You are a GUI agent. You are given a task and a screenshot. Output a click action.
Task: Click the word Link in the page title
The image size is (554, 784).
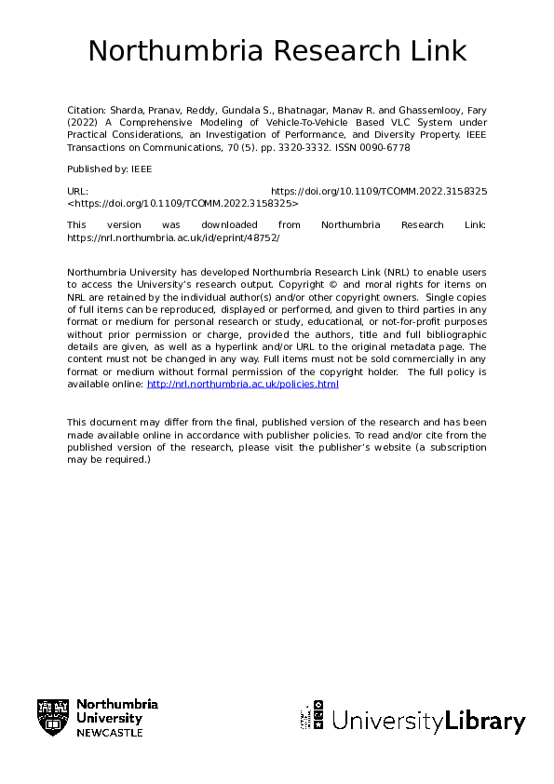(436, 50)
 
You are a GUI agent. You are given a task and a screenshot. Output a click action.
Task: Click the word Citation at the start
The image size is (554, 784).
(88, 111)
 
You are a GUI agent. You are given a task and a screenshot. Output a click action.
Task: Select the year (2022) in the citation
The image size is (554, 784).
(83, 123)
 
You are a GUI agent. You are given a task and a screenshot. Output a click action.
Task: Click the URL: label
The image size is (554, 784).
(77, 190)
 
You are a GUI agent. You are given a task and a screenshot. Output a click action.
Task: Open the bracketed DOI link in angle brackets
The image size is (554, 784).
(182, 202)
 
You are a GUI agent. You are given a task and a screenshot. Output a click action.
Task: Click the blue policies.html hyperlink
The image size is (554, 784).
(243, 384)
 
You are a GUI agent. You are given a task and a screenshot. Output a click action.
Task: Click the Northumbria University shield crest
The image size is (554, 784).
(52, 717)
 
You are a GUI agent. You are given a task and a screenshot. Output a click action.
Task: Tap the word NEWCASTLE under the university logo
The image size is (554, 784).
(110, 733)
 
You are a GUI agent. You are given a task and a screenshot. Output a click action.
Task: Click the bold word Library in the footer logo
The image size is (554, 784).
(485, 721)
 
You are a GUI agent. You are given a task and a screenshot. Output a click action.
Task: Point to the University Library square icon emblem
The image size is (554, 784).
(312, 717)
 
